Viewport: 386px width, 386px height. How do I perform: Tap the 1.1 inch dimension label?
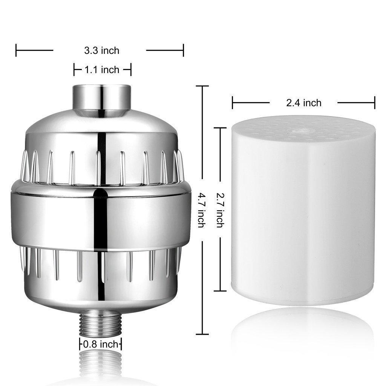(102, 70)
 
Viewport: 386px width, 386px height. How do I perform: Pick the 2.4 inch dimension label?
(303, 103)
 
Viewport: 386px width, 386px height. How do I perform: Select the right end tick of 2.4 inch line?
(375, 103)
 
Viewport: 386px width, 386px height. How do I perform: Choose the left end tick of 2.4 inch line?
(233, 103)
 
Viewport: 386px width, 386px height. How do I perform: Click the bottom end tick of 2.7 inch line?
(220, 291)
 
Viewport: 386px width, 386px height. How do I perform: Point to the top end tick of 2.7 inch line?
(220, 128)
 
